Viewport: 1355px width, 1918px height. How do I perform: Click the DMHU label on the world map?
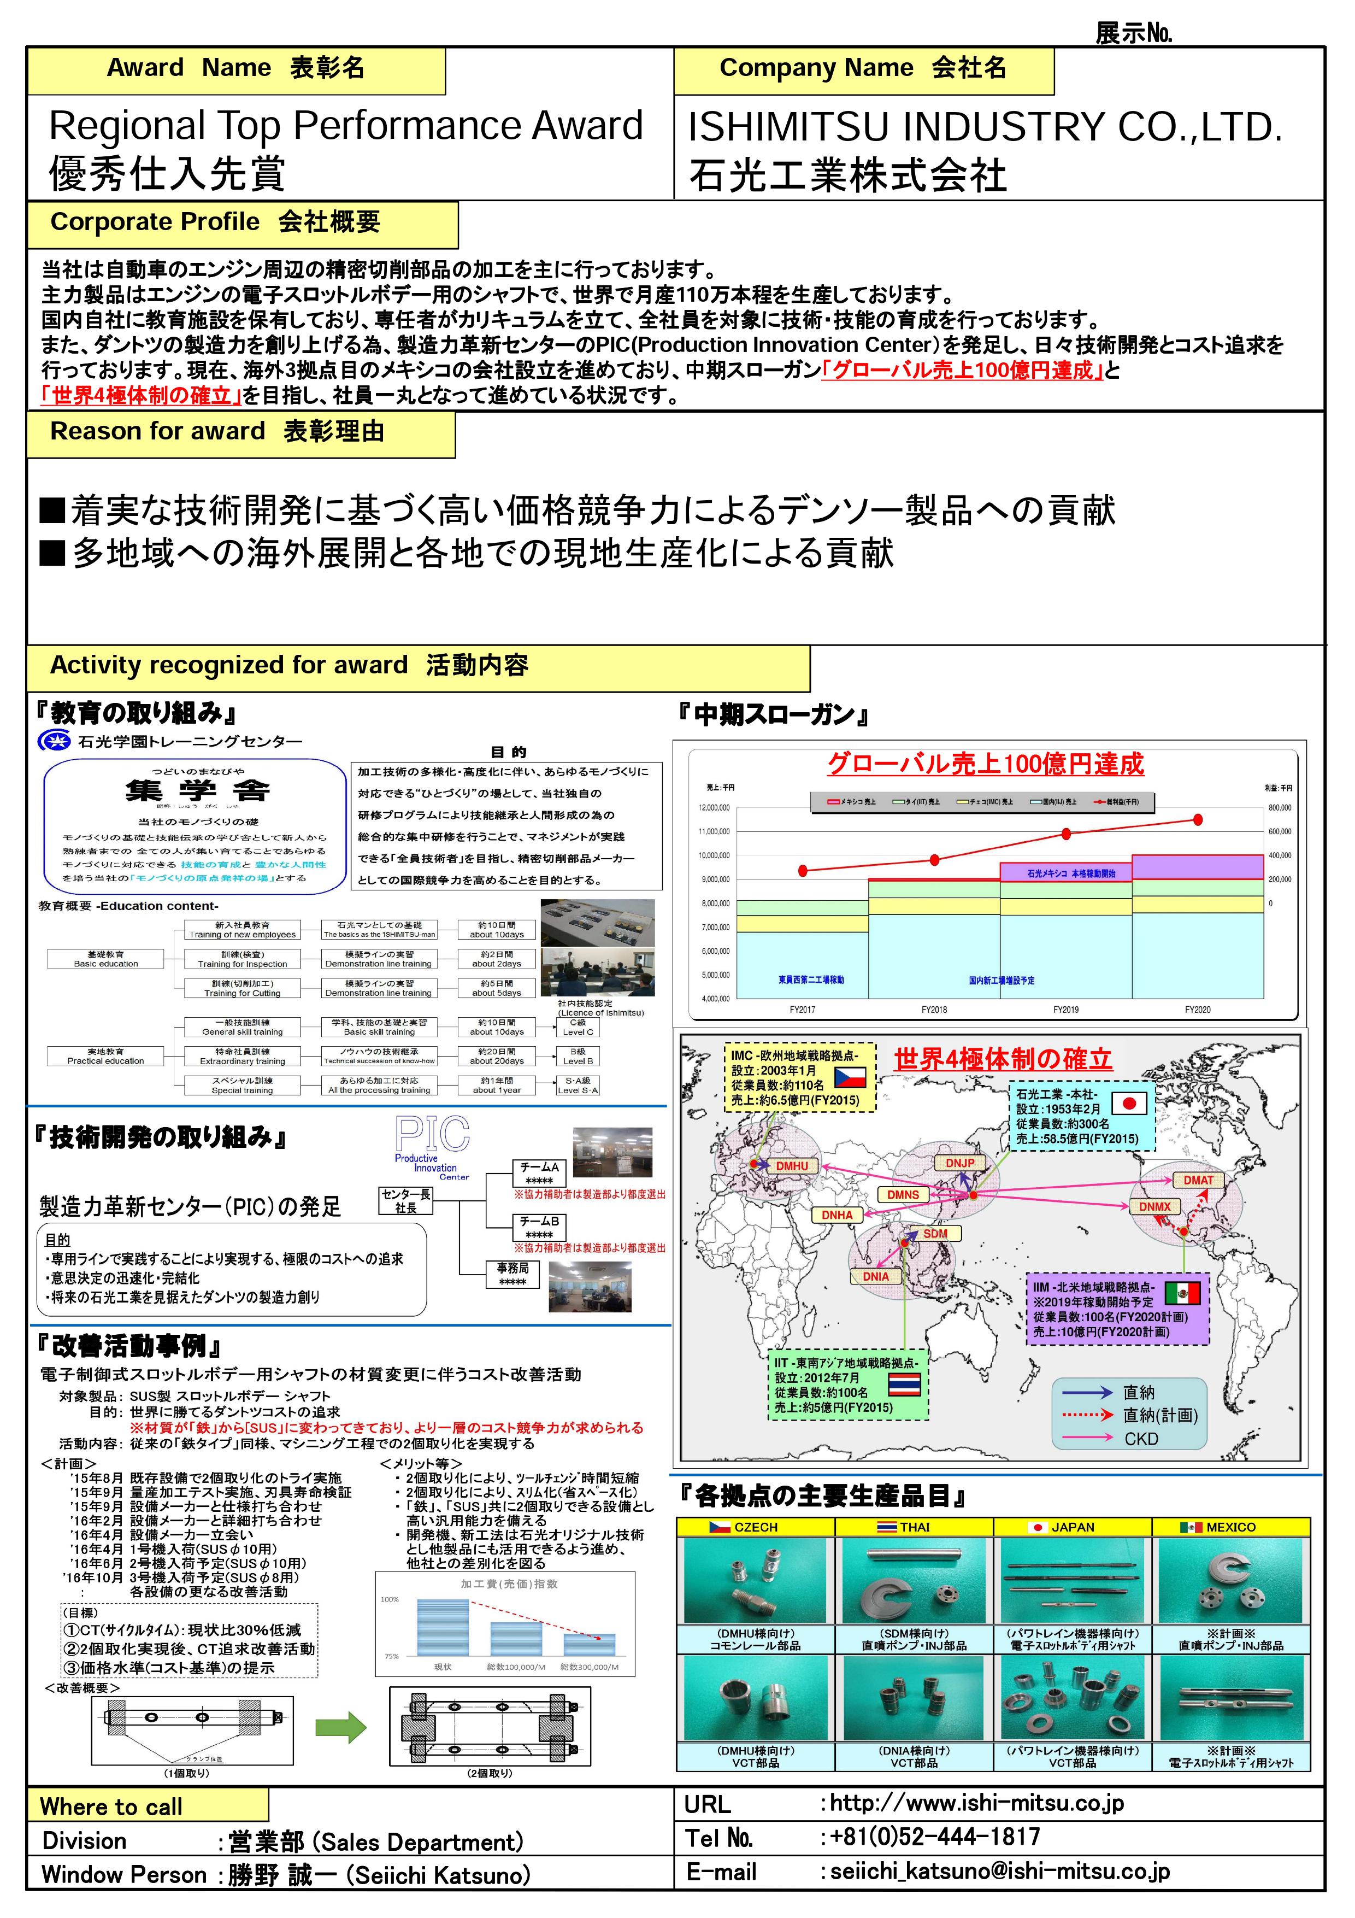(792, 1165)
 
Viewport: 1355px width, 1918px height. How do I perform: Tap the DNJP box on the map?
(959, 1163)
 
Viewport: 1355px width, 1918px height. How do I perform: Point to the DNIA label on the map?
(876, 1276)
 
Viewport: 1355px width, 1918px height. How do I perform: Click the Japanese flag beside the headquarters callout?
(1129, 1104)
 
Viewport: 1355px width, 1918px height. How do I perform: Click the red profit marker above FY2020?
(1198, 819)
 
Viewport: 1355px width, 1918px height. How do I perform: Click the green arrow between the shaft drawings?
(340, 1728)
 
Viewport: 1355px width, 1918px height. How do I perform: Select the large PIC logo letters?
(433, 1134)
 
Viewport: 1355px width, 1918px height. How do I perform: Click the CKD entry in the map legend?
(1140, 1439)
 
